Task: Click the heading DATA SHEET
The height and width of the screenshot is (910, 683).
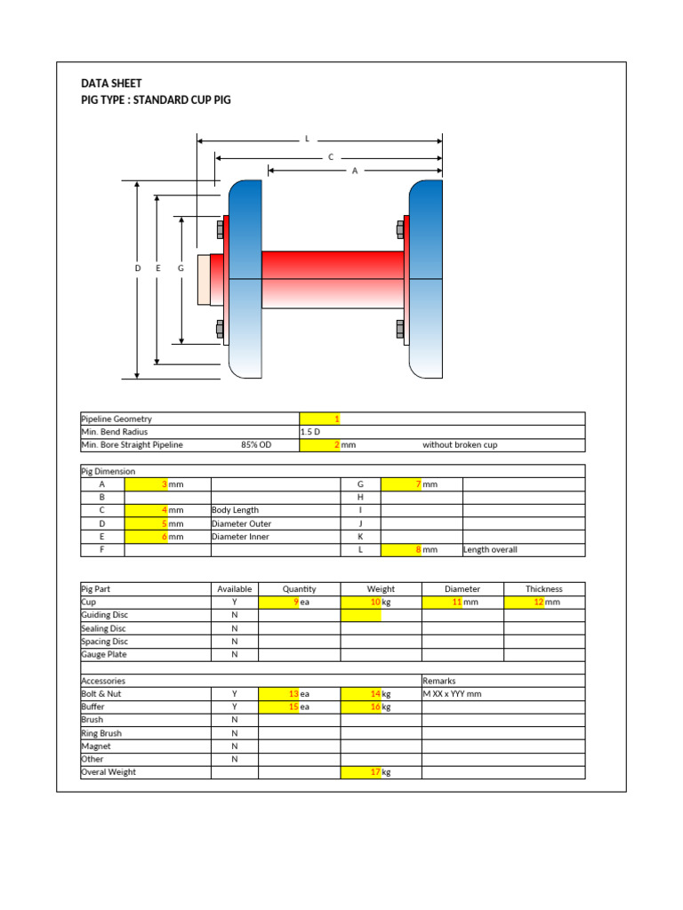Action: [111, 84]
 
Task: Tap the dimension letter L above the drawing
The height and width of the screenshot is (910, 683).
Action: [307, 140]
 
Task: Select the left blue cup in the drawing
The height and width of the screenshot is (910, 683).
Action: [245, 279]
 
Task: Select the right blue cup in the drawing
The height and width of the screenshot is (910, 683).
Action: [426, 279]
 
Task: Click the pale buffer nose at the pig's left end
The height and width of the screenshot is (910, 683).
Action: [210, 280]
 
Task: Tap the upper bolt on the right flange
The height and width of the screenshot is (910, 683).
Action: [400, 230]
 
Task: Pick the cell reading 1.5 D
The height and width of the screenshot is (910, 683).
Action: [311, 432]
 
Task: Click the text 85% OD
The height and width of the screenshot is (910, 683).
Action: [256, 445]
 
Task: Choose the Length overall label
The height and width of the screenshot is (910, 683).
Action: [490, 550]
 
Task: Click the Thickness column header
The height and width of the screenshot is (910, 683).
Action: [543, 589]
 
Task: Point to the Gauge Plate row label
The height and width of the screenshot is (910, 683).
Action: [104, 655]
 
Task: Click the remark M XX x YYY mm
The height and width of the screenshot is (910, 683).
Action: [452, 694]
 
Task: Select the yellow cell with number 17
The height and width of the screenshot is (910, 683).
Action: [361, 773]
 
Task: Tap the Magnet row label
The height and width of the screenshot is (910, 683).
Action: [96, 746]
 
